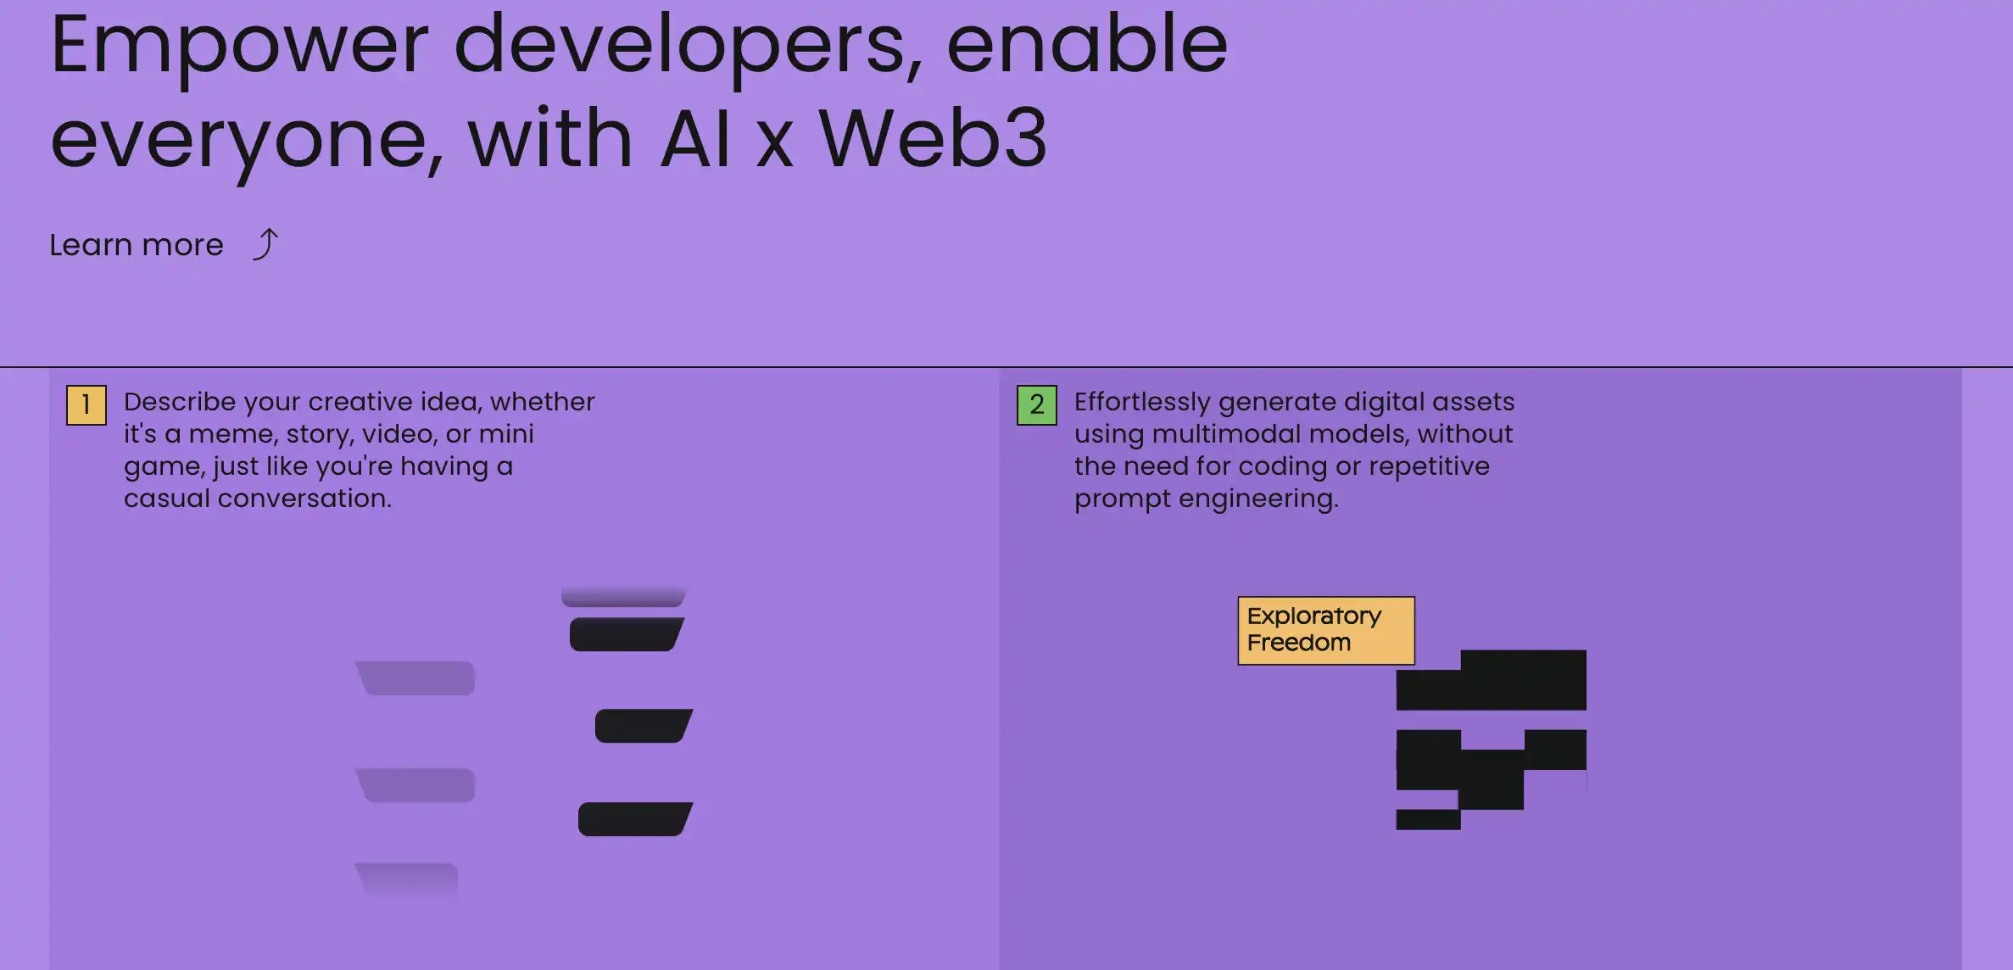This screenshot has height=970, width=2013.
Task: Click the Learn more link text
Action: tap(137, 245)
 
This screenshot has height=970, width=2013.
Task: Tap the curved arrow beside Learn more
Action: tap(265, 244)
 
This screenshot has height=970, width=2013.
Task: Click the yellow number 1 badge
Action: tap(86, 405)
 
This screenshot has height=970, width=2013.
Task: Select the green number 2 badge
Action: tap(1036, 405)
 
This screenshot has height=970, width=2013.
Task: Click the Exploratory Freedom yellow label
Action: tap(1325, 630)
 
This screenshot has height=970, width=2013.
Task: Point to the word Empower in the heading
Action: tap(240, 47)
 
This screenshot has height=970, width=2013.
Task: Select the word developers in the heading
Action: tap(687, 47)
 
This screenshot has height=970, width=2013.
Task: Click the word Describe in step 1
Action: tap(180, 401)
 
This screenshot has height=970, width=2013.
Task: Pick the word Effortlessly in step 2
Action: tap(1141, 401)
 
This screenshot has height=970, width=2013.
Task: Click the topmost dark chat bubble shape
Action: tap(627, 634)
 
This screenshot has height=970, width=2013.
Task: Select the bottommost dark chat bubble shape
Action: tap(635, 819)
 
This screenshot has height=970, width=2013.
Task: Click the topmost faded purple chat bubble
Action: tap(415, 678)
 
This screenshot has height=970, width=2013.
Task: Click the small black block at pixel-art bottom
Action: tap(1428, 820)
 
